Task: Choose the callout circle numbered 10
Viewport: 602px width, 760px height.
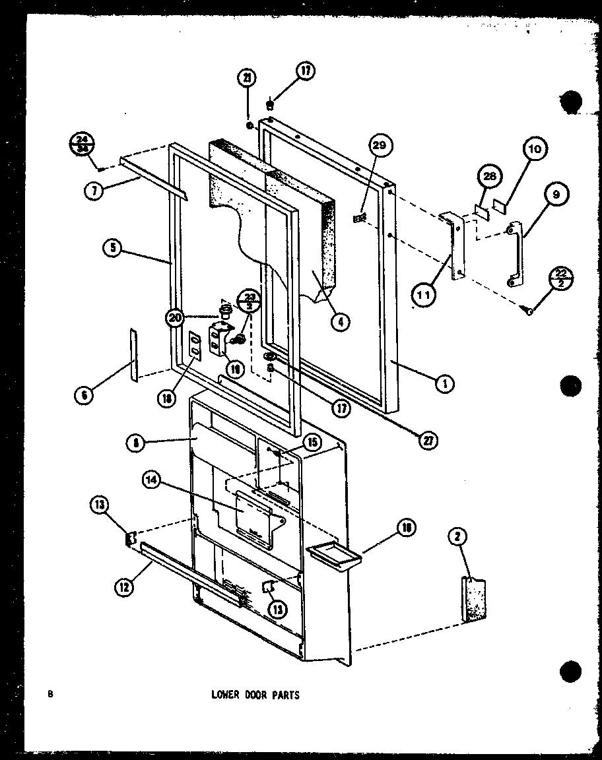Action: pos(534,149)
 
